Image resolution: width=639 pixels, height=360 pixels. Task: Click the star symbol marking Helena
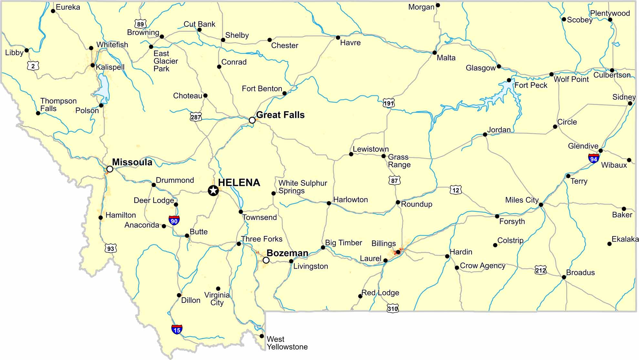[213, 190]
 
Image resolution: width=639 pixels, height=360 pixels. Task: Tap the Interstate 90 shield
[174, 221]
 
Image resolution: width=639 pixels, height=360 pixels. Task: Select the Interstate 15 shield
[177, 329]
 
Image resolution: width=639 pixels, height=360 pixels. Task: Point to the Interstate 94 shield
[593, 158]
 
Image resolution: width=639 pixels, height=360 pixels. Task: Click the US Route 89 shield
[140, 24]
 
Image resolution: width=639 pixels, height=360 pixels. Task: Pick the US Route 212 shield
[541, 270]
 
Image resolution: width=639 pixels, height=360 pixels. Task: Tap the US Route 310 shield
[393, 308]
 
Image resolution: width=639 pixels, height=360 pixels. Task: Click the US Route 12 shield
[456, 190]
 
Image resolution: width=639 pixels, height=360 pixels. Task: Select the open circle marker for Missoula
[110, 169]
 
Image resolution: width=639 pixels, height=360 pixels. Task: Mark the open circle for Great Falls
[252, 120]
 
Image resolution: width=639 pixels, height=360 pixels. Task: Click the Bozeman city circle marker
[266, 260]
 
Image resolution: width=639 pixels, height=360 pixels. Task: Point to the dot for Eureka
[53, 11]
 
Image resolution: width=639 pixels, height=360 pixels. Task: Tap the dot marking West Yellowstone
[262, 336]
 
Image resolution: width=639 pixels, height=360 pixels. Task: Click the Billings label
[384, 243]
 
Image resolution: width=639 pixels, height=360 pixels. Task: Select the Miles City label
[522, 200]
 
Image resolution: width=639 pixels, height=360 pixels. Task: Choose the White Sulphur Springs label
[303, 187]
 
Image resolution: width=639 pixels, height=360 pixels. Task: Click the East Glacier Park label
[166, 61]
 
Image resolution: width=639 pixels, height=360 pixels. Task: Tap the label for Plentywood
[610, 13]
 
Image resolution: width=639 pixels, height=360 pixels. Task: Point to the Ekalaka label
[625, 239]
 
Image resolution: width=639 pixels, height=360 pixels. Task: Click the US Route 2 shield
[33, 66]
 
